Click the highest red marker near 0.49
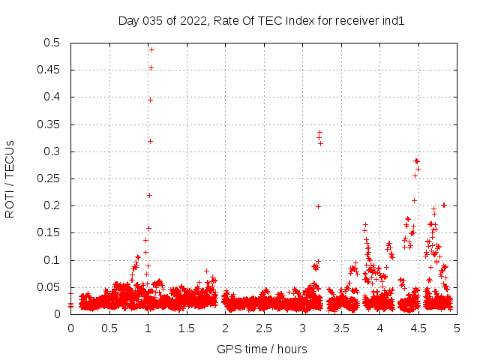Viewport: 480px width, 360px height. coord(151,49)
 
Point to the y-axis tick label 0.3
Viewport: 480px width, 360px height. coord(55,151)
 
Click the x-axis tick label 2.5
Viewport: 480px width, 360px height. coord(263,328)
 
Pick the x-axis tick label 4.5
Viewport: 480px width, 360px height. coord(418,328)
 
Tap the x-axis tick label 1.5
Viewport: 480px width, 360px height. coord(186,328)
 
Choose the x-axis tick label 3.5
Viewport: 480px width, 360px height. coord(340,328)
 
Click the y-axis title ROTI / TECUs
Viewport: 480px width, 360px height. coord(10,178)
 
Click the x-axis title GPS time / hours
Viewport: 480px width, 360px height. coord(262,349)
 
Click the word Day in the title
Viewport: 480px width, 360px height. coord(128,21)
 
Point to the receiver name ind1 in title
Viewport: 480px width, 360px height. coord(394,21)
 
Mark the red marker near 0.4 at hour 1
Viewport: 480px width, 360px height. coord(150,100)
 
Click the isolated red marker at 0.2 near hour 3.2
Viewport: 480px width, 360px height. coord(318,206)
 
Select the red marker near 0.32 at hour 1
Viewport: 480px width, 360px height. coord(150,141)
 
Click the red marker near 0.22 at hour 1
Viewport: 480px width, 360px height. coord(149,195)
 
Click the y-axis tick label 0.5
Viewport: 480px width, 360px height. coord(55,43)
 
